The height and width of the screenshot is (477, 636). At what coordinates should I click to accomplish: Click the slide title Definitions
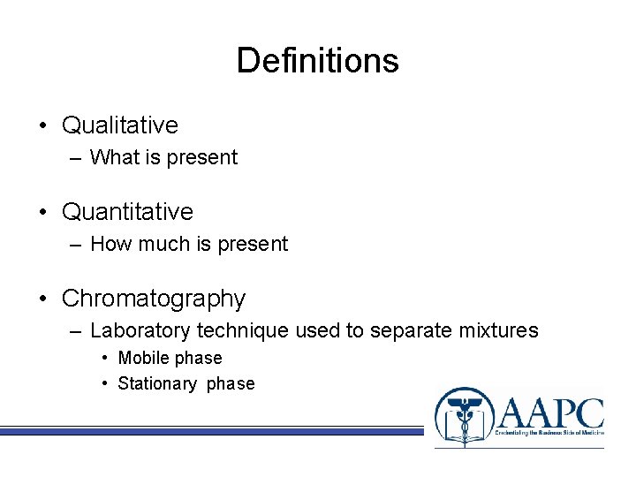click(317, 61)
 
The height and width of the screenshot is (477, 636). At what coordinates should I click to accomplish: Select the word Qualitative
click(119, 125)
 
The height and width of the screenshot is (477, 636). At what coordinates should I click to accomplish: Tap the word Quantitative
click(127, 212)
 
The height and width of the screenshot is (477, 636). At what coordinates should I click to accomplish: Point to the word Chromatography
click(153, 299)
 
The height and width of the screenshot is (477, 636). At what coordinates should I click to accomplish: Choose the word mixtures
click(497, 331)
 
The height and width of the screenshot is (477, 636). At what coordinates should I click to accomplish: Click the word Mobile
click(143, 359)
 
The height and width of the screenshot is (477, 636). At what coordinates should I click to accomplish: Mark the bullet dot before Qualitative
click(43, 125)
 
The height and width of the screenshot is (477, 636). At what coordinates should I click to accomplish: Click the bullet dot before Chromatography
click(43, 299)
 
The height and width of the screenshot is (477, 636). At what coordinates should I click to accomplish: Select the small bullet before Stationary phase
click(105, 384)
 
